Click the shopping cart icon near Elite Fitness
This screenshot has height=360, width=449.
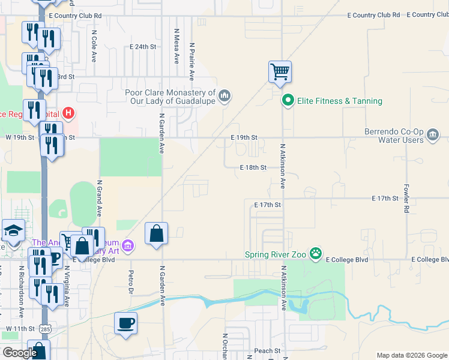tap(280, 72)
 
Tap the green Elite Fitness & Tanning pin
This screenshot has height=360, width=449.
tap(288, 101)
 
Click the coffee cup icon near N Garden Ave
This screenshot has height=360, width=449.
tap(126, 323)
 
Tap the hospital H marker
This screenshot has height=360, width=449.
tap(69, 112)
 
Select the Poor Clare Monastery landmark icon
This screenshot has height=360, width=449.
tap(224, 96)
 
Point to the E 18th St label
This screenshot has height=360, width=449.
tap(253, 168)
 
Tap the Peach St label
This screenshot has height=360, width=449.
tap(267, 350)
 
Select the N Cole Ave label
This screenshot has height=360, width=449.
tap(94, 47)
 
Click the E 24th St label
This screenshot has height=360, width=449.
tap(143, 46)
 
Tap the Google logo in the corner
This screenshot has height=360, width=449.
tap(19, 353)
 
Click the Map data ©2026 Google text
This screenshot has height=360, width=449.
tap(411, 355)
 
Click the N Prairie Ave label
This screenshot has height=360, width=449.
tap(192, 61)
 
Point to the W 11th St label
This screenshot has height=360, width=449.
tap(20, 329)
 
